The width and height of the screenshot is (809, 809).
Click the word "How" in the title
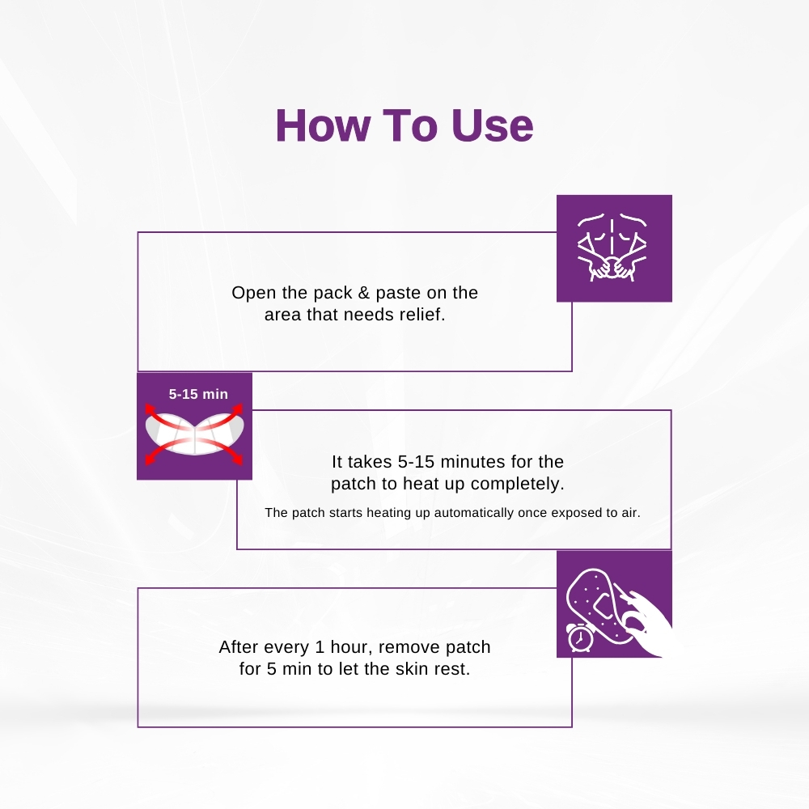coord(323,125)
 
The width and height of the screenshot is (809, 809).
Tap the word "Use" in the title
coord(492,125)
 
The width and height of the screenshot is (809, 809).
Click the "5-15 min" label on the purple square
coord(198,394)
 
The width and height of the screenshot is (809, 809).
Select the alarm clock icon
coord(580,637)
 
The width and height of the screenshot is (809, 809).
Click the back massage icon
coord(612,247)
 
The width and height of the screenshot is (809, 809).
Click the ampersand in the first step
coord(364,293)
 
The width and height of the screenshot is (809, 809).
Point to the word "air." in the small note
coord(632,513)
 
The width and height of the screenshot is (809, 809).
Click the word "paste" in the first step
coord(398,293)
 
